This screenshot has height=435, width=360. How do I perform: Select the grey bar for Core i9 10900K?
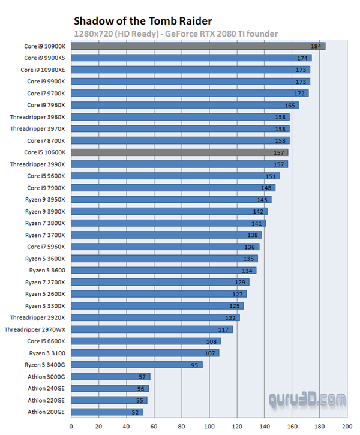click(x=198, y=46)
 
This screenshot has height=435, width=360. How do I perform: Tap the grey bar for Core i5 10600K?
click(x=179, y=152)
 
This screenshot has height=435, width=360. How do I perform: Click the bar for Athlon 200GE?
click(x=107, y=412)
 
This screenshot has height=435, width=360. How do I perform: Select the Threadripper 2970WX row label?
click(x=38, y=329)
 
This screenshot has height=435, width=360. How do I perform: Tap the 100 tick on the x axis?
click(x=209, y=427)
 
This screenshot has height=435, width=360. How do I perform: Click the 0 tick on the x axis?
click(x=71, y=427)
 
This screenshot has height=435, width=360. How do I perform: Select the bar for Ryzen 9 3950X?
click(x=171, y=200)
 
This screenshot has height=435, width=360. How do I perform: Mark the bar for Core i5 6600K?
click(x=146, y=341)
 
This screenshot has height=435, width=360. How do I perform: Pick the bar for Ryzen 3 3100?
click(x=145, y=353)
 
